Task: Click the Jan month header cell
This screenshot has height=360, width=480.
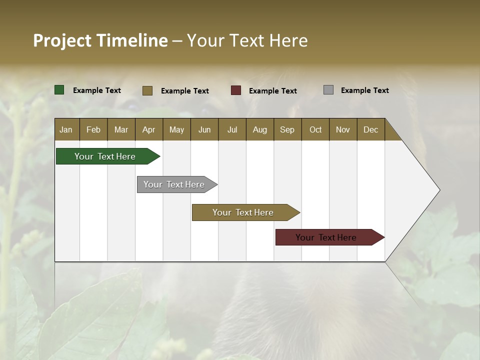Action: (66, 129)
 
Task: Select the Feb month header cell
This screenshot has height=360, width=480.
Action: (93, 129)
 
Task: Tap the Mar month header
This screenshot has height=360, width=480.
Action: (121, 129)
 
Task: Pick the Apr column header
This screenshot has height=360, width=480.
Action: (149, 129)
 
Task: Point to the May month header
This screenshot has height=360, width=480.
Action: (176, 129)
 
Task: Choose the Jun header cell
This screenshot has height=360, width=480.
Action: (204, 129)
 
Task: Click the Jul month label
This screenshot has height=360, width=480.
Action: (232, 129)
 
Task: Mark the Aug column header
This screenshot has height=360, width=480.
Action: (260, 129)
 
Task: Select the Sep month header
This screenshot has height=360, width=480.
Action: (287, 129)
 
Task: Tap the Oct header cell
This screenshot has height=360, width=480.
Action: (315, 129)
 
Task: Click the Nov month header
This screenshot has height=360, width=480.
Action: (343, 129)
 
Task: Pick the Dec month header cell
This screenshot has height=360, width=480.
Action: (371, 129)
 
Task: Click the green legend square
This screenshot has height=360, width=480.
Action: (59, 90)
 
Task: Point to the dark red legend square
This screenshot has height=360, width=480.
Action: (236, 90)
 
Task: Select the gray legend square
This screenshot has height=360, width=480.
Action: (328, 90)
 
